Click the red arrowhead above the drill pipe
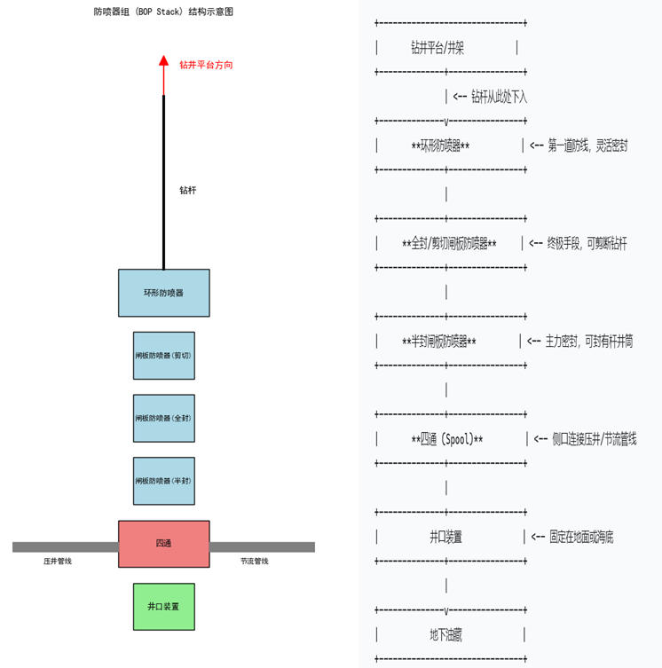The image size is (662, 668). pos(163,61)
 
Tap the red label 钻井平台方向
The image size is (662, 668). pos(206,65)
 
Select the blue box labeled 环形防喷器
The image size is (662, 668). pos(164,293)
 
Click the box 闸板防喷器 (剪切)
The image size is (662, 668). pos(164,356)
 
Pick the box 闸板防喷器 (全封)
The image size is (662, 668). pos(164,418)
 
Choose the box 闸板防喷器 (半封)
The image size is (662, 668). pos(164,481)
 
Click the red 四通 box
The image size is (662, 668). pos(164,544)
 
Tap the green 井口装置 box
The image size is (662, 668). pos(164,607)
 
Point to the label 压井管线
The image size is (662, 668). pos(58,562)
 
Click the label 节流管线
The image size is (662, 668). pos(254,562)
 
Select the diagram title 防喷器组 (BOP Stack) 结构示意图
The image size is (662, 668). pos(164,12)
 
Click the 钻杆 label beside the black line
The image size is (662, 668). pos(187,190)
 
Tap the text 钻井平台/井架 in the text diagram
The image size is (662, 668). pos(437,49)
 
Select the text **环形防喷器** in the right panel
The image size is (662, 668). pos(441,146)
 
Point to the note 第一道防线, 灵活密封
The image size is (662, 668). pos(587,145)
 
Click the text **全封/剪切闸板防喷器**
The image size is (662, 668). pos(449,244)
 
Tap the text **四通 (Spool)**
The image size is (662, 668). pos(447,439)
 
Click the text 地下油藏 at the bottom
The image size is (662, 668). pos(445,634)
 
